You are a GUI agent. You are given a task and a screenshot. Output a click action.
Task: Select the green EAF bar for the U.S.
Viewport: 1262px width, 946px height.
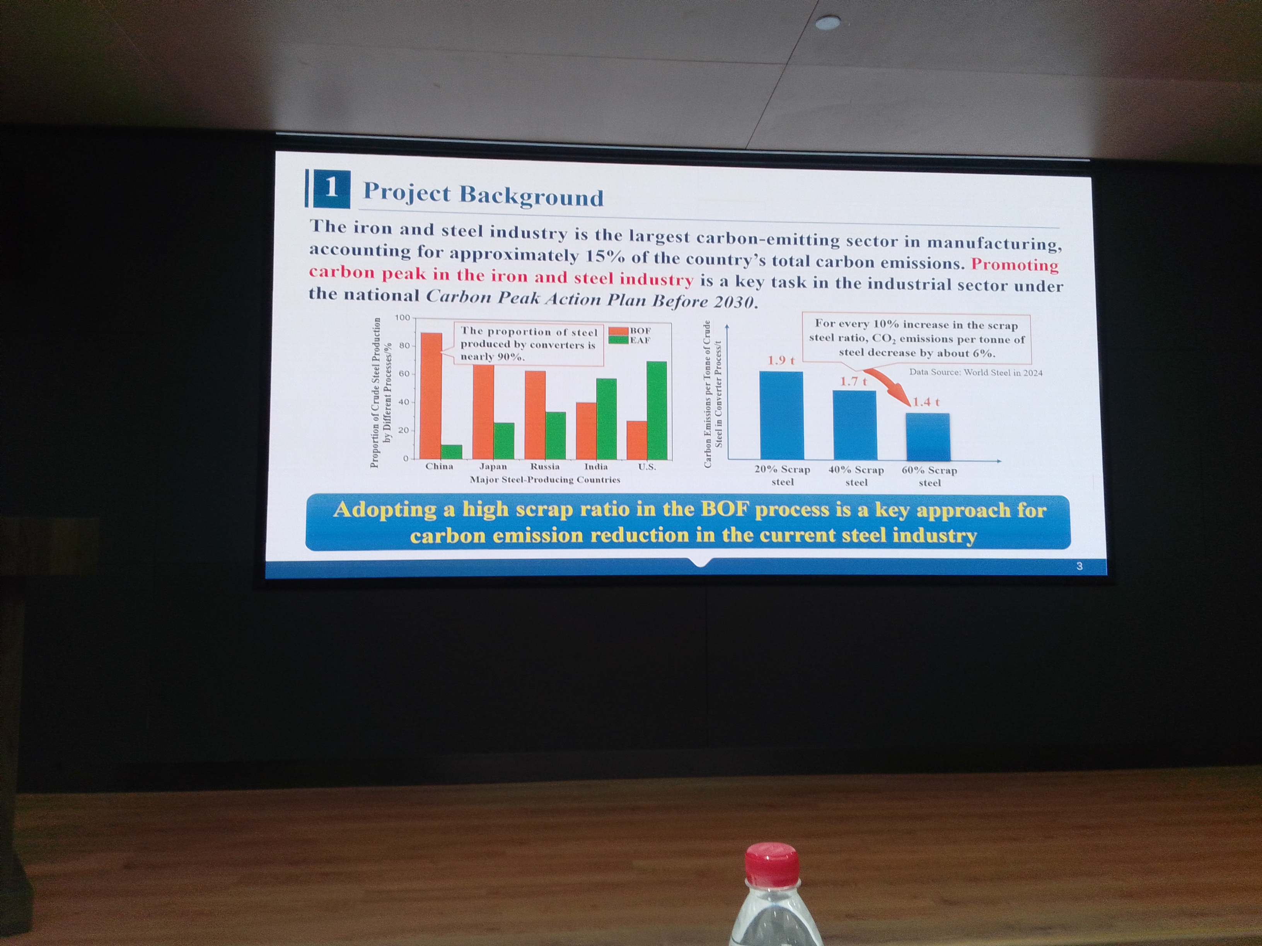pyautogui.click(x=657, y=410)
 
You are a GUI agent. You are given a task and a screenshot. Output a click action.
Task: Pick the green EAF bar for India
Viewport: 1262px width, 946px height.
pyautogui.click(x=607, y=419)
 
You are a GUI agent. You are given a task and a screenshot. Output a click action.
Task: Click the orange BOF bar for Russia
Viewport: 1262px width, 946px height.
pyautogui.click(x=535, y=415)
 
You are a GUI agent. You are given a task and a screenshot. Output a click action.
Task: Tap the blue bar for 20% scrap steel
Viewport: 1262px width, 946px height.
pyautogui.click(x=781, y=416)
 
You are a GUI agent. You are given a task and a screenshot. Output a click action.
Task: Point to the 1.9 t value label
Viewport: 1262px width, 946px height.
pyautogui.click(x=781, y=361)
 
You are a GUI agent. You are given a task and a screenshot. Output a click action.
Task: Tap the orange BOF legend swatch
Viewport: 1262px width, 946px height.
pyautogui.click(x=619, y=331)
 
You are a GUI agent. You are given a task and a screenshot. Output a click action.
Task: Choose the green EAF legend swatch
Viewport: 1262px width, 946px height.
pyautogui.click(x=619, y=340)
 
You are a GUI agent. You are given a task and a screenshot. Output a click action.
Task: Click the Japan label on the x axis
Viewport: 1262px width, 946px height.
pyautogui.click(x=493, y=466)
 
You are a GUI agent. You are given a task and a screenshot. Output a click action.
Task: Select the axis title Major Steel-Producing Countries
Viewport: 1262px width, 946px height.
pyautogui.click(x=545, y=480)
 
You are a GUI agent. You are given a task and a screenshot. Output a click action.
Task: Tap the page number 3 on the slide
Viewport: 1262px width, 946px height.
pyautogui.click(x=1079, y=566)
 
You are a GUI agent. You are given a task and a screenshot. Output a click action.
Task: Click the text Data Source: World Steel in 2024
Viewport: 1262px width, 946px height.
pyautogui.click(x=975, y=373)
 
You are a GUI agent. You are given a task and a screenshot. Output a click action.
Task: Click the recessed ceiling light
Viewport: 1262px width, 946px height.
pyautogui.click(x=828, y=23)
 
